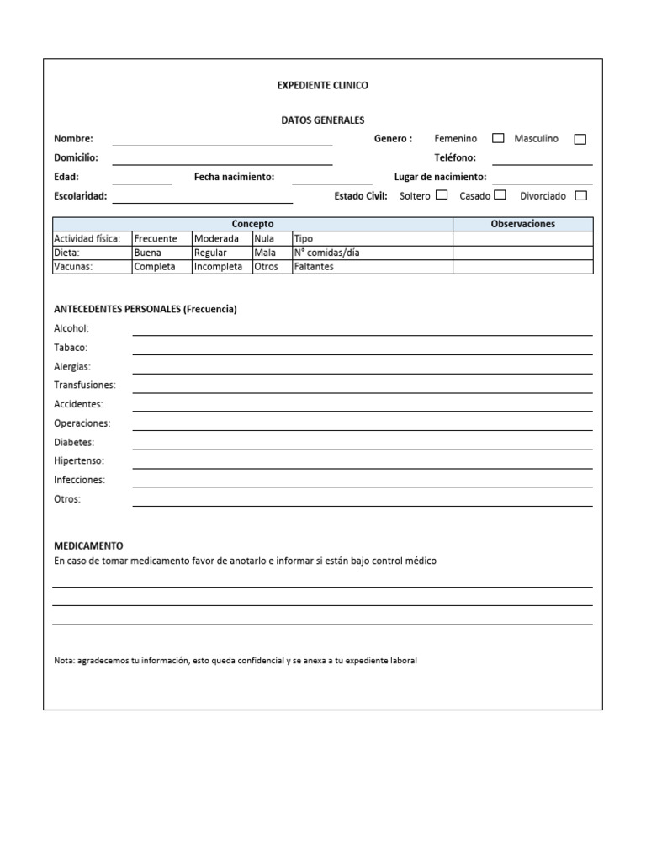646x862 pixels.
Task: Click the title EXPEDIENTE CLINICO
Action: [x=322, y=85]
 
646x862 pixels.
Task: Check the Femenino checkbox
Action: [x=498, y=139]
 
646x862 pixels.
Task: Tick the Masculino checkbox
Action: [x=580, y=139]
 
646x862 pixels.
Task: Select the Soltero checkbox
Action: [x=442, y=195]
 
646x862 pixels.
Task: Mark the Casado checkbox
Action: [x=500, y=195]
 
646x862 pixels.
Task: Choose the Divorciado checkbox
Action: [x=580, y=195]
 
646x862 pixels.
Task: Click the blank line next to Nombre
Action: [x=222, y=141]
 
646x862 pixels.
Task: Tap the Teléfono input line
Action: [x=542, y=160]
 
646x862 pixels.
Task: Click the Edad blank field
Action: [x=142, y=179]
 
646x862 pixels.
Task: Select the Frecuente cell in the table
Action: [x=156, y=238]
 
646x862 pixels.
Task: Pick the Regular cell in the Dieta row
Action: [x=210, y=253]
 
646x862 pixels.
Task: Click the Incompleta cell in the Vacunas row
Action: [x=218, y=267]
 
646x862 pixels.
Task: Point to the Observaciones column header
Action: [x=522, y=224]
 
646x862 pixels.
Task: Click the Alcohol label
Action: [x=71, y=328]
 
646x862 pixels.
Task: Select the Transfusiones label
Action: [x=85, y=385]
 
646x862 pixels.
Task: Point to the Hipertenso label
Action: [x=79, y=460]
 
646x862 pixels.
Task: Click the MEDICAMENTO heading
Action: [x=88, y=545]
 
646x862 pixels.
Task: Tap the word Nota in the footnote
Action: [x=64, y=661]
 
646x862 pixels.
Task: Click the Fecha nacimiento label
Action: [x=234, y=177]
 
